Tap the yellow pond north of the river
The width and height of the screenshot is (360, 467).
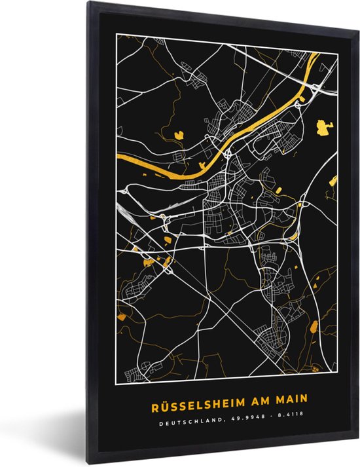point(179,136)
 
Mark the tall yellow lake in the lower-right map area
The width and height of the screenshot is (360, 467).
point(314,327)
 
